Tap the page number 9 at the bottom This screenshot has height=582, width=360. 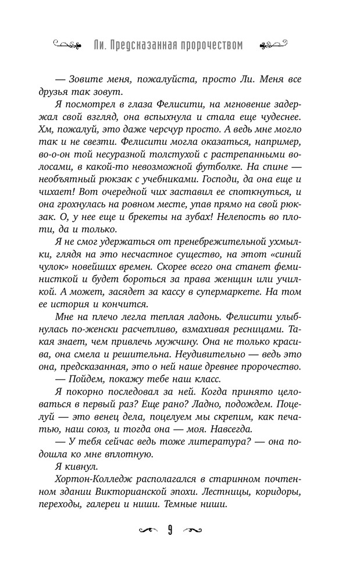pos(172,530)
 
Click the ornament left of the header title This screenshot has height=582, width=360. pos(69,44)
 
